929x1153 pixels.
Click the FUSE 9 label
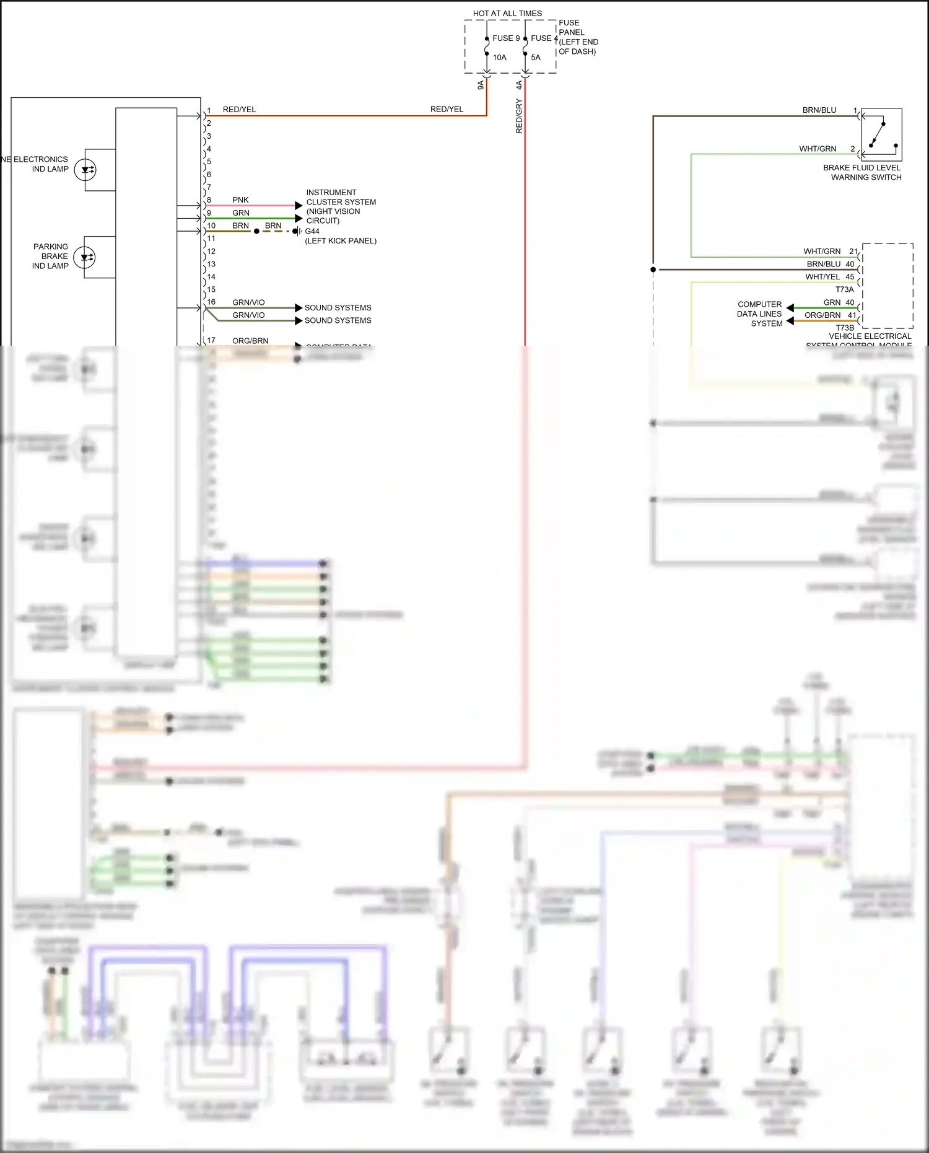[506, 38]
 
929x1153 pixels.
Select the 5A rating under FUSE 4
[536, 58]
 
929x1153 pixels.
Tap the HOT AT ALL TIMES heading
[507, 13]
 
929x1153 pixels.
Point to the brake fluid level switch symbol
[881, 134]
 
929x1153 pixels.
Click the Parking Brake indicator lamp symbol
[85, 257]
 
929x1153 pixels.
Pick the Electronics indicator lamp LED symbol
[85, 169]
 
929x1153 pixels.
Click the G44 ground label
[312, 231]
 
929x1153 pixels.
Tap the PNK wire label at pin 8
[240, 200]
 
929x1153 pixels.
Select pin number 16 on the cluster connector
[211, 302]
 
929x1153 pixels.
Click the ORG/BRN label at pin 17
[250, 341]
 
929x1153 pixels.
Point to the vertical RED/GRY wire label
[519, 116]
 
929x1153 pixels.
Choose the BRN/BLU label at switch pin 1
[819, 110]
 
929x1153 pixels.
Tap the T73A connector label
[844, 289]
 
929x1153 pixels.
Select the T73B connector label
[844, 328]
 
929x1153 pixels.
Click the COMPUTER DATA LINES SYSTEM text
[759, 313]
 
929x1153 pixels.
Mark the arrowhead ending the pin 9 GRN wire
[299, 219]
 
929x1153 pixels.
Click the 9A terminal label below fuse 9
[480, 85]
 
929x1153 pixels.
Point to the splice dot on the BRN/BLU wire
[653, 270]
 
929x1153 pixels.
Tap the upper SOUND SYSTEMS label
[338, 308]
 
